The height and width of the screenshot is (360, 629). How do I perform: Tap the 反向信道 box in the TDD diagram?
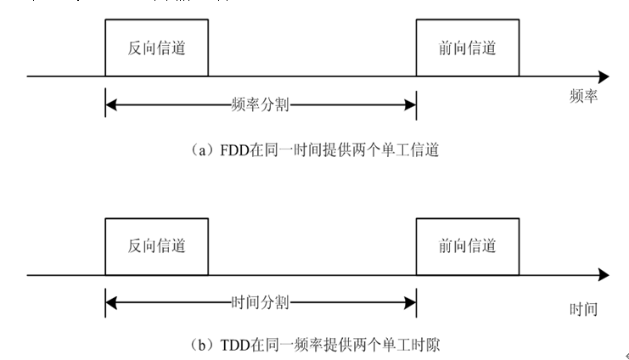pos(155,246)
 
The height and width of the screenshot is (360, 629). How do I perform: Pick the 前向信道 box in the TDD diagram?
pos(467,246)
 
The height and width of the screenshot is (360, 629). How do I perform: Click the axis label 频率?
pos(584,97)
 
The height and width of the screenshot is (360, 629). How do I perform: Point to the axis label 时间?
pos(584,310)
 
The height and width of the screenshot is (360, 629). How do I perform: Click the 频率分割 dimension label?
pos(261,105)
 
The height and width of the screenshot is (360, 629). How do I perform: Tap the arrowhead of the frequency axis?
pos(603,76)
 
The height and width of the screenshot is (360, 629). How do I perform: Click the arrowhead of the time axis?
pos(603,275)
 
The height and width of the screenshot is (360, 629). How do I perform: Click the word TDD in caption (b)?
pos(233,346)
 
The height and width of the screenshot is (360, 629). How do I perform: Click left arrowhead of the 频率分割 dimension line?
pos(111,105)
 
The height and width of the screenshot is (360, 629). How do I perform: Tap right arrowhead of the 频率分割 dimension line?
pos(410,105)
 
